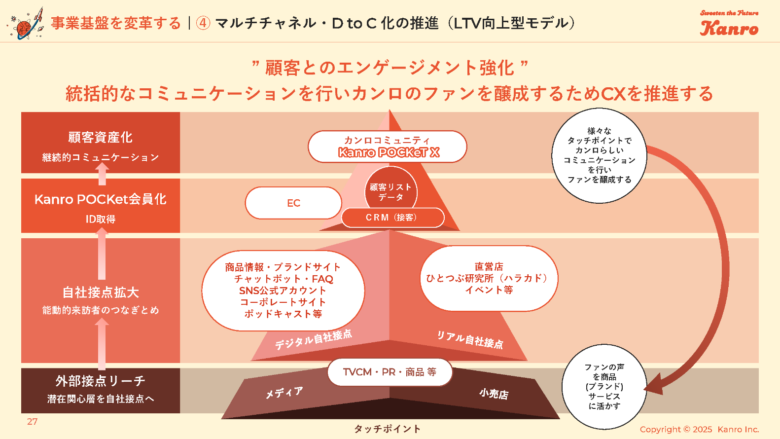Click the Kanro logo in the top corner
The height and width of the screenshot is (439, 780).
[x=729, y=24]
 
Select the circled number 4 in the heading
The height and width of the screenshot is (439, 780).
[x=203, y=23]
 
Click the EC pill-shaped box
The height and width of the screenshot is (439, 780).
[x=293, y=203]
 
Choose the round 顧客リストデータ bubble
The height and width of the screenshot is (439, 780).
[x=390, y=192]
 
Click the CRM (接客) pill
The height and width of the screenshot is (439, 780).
[x=392, y=218]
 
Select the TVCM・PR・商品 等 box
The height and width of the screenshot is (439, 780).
[x=390, y=372]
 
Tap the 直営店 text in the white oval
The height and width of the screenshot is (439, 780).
[x=489, y=267]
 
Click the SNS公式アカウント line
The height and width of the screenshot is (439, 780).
[x=283, y=291]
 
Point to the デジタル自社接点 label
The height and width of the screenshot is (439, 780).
[x=313, y=339]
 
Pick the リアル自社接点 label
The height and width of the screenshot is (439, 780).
[x=470, y=339]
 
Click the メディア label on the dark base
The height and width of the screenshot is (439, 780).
[x=284, y=393]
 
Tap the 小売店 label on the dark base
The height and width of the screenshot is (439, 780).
[x=494, y=394]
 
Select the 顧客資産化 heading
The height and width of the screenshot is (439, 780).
[x=100, y=137]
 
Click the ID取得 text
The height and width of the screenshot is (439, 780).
[x=101, y=219]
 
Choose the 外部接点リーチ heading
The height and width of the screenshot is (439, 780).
[x=100, y=381]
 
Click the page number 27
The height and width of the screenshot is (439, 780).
[x=32, y=422]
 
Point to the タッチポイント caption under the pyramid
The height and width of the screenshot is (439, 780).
[x=387, y=429]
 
